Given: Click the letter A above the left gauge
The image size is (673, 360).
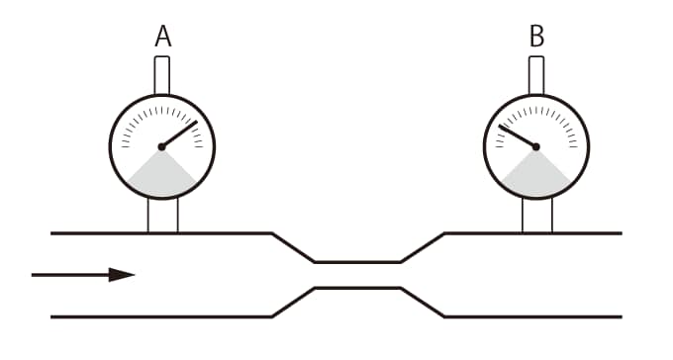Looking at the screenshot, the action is pos(162,36).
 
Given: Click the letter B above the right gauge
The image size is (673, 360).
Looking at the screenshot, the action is pos(537,36).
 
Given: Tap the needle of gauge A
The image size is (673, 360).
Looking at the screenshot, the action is pos(179,134).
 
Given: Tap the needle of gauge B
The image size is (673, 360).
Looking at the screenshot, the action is pos(518,136).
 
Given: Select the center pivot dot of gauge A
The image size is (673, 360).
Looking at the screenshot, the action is pos(161,146).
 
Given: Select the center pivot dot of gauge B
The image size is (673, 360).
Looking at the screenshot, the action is pos(535,146).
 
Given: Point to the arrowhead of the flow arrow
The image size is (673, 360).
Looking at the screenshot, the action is pos(122,275).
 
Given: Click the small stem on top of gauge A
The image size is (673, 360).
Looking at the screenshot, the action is pos(161,75).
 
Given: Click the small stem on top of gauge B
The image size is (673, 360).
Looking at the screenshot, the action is pos(536,75).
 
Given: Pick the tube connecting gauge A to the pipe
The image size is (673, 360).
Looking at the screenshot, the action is pos(162,216).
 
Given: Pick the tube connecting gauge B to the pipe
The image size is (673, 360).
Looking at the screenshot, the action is pos(537,216).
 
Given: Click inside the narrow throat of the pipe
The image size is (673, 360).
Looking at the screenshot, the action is pos(358,275).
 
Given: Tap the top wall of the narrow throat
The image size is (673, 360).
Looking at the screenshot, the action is pos(358,262).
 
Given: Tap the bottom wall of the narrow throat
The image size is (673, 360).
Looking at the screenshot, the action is pos(358,288).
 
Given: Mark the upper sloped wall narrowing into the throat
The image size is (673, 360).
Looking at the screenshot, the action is pos(293,247).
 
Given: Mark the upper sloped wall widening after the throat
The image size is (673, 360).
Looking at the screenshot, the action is pos(423,247).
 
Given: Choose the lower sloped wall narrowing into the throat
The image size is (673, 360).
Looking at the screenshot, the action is pos(293,303).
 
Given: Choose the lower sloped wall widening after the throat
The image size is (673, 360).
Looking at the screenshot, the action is pos(423,303).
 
